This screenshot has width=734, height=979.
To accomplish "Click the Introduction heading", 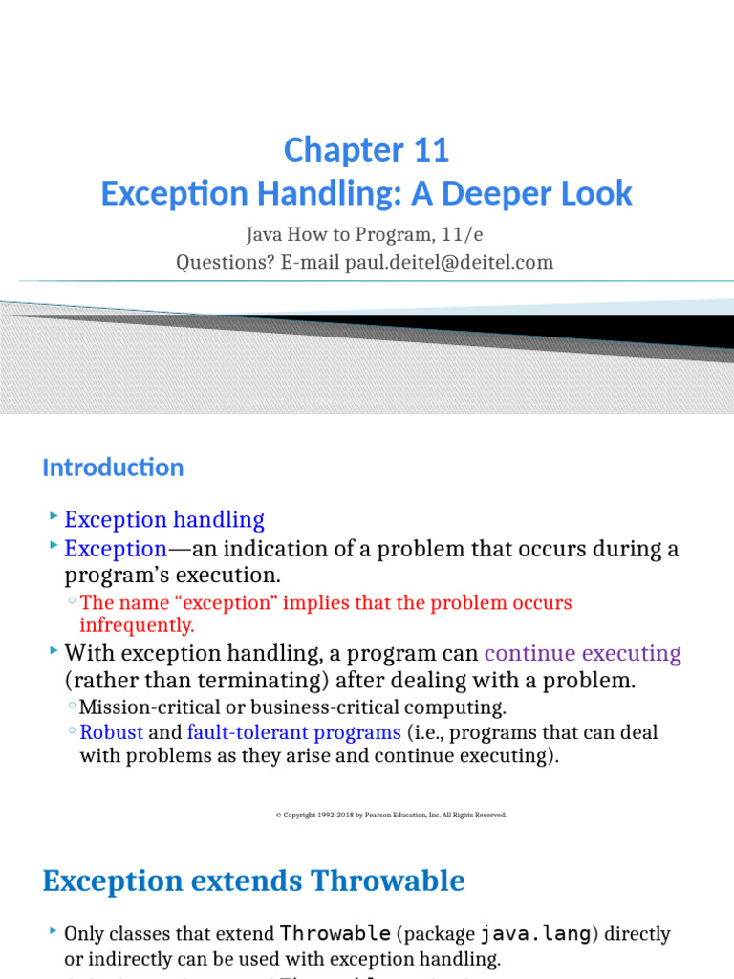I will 113,468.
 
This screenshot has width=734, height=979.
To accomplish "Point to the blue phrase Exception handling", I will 163,520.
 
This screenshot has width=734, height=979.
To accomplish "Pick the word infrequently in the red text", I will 137,625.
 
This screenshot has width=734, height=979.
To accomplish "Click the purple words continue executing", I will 582,654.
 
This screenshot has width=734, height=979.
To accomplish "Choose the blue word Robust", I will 111,732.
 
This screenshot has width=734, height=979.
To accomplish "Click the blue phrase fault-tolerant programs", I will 294,732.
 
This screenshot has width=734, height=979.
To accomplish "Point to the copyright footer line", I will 391,815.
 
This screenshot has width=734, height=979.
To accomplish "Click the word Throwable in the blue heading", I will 388,881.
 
